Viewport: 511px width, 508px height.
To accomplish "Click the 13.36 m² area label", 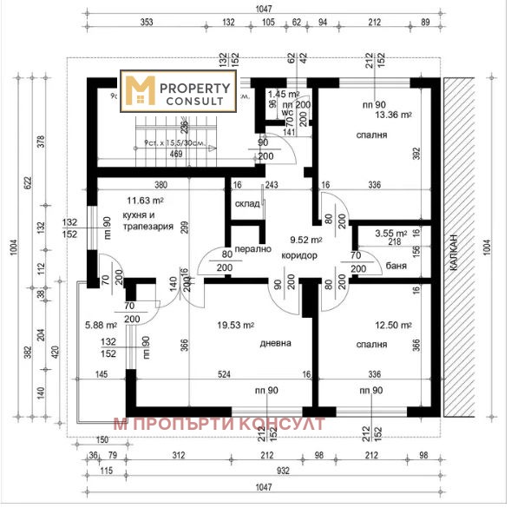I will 393,114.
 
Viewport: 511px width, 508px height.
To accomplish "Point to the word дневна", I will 275,343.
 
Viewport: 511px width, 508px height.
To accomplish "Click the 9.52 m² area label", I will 305,241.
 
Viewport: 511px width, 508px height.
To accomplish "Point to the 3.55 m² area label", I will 391,233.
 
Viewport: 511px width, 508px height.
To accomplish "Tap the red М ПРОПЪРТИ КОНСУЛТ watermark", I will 219,424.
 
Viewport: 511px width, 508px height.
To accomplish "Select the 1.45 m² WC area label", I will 284,94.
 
